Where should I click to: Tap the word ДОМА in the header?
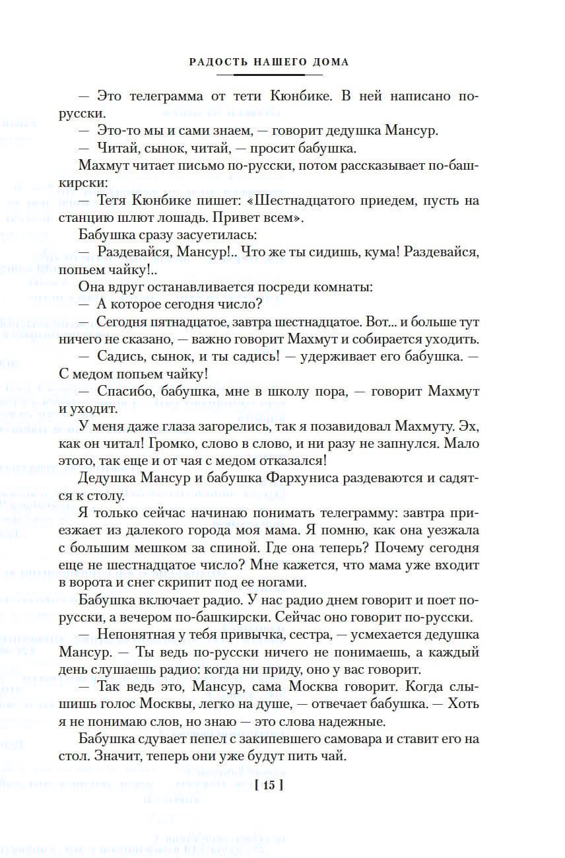pyautogui.click(x=329, y=62)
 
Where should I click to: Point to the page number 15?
pyautogui.click(x=268, y=785)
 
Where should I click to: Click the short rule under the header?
pyautogui.click(x=269, y=75)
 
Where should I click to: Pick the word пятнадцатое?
pyautogui.click(x=199, y=322)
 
